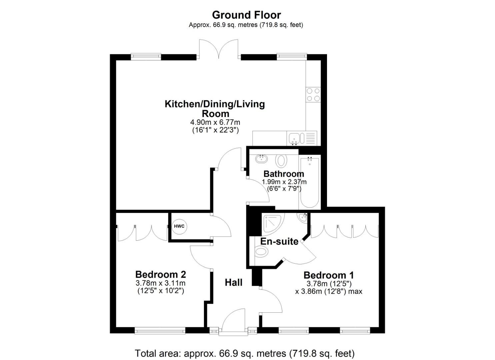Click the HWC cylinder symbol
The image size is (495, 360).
pos(179,226)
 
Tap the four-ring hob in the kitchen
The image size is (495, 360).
pos(313,95)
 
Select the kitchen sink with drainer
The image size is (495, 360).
pos(301,138)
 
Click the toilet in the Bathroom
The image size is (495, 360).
pos(281,161)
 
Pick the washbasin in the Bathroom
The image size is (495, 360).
pos(261,159)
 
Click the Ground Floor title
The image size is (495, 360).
pos(246,15)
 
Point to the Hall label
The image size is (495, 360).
pos(233,283)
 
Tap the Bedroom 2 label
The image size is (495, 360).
pos(160,274)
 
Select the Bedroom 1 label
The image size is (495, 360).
pos(328,275)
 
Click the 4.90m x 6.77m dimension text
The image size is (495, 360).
pos(215,122)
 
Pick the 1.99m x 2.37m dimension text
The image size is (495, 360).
pos(284,182)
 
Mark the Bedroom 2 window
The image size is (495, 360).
pos(160,331)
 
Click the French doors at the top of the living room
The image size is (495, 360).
pos(219,50)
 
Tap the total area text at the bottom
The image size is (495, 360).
pos(245,353)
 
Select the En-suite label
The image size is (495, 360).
pos(279,241)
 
